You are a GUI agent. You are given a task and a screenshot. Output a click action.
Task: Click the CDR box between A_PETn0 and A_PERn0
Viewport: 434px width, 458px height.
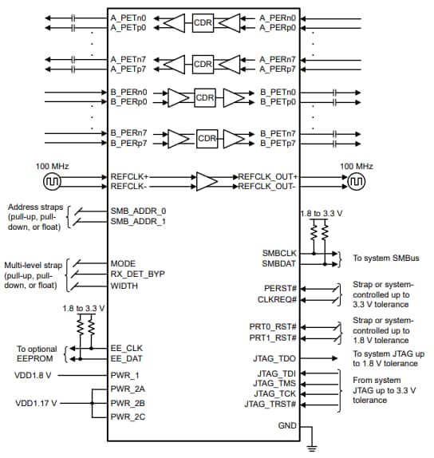pos(203,23)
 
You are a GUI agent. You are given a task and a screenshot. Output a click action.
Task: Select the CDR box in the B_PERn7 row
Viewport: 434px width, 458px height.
pos(207,136)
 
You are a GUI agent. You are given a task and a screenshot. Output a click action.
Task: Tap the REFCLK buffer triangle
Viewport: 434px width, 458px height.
pos(206,180)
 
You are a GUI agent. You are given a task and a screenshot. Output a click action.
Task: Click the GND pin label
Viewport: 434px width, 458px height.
pos(286,426)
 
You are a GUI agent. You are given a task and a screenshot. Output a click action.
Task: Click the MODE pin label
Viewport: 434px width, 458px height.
pos(124,263)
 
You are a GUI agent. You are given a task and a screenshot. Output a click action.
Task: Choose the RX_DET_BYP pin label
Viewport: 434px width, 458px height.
pos(138,274)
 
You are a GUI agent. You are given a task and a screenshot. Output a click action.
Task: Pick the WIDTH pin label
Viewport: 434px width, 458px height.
pos(124,286)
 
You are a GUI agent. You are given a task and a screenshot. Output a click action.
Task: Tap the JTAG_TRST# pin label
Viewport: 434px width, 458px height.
pos(272,405)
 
